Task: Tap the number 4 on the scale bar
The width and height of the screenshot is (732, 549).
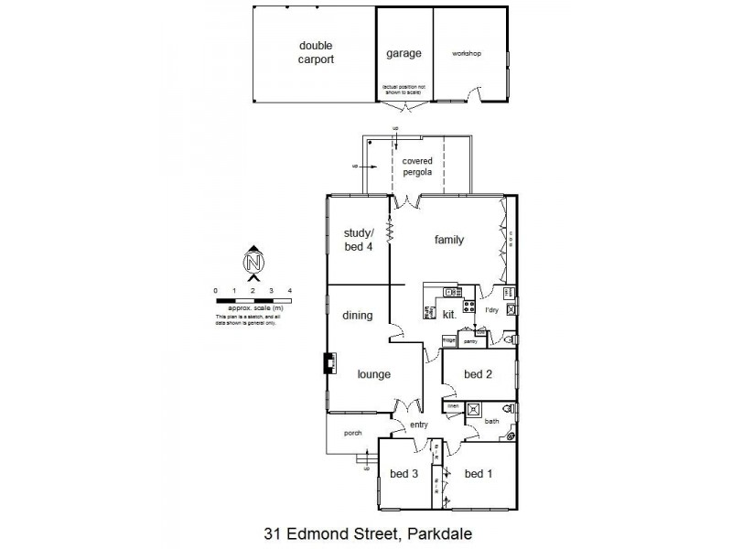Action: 290,290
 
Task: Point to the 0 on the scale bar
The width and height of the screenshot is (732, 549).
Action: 216,290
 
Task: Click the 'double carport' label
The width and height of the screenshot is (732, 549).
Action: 315,52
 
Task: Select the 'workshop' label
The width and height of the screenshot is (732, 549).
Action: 466,54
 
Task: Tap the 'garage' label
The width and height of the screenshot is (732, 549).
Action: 404,53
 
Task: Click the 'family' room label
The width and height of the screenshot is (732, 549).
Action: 448,241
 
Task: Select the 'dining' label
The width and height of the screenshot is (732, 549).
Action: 357,316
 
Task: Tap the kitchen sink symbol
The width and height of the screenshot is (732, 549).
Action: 451,292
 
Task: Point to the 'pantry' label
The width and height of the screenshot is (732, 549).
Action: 472,340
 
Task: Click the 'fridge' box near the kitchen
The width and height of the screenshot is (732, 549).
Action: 449,340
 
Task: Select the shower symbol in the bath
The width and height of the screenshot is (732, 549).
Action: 473,410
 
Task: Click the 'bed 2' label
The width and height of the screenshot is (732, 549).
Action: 479,373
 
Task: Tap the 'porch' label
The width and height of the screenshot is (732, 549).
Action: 353,434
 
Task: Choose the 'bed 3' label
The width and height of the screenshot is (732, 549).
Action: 404,473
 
